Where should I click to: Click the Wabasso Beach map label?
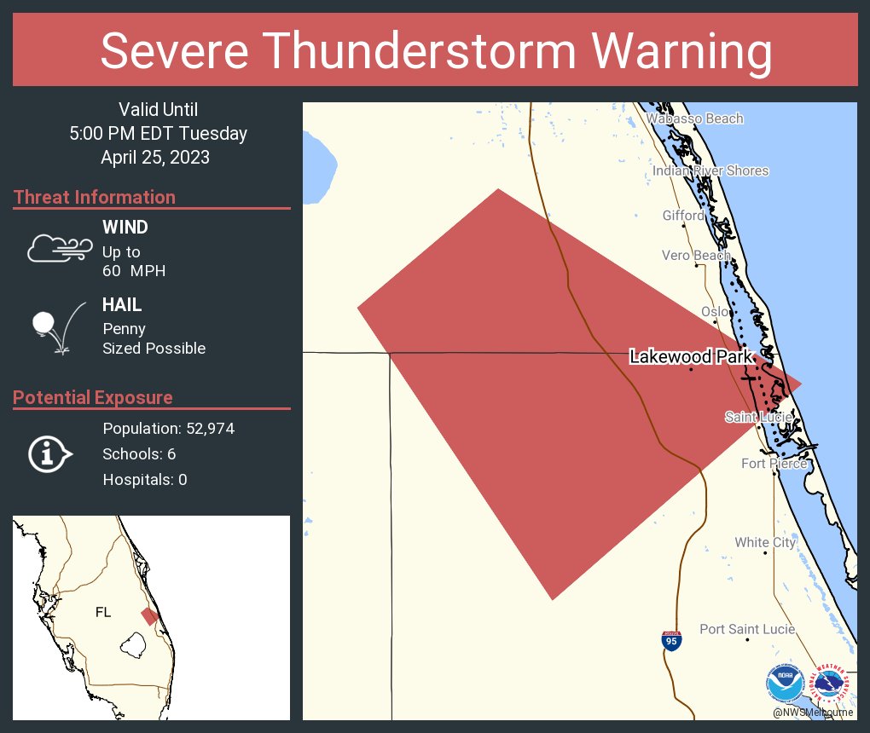click(694, 118)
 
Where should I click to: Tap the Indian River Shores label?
click(710, 170)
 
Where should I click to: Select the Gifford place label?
click(683, 216)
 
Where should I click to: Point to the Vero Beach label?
click(696, 255)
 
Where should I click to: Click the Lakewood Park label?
click(691, 357)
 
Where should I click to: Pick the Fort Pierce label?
click(774, 464)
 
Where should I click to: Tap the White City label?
click(765, 542)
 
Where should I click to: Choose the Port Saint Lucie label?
click(747, 629)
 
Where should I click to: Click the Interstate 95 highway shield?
click(671, 641)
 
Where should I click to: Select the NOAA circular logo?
click(785, 684)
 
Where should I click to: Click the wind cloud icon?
click(59, 248)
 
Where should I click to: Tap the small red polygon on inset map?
click(150, 615)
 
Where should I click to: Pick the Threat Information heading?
click(95, 197)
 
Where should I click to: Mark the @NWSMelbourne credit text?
click(812, 712)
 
